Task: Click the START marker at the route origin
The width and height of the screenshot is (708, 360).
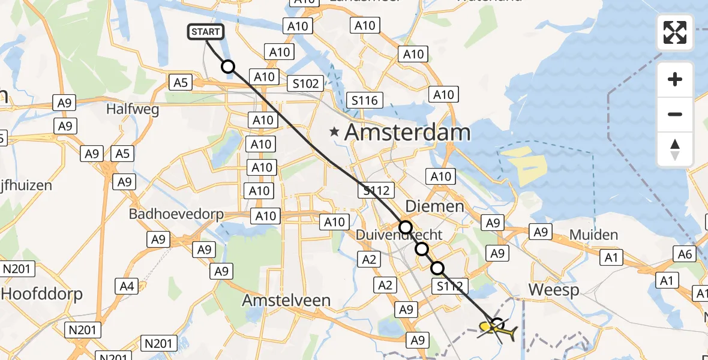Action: coord(206,32)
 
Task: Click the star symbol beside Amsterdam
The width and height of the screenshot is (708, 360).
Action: coord(334,131)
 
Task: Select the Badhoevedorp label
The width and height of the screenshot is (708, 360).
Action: coord(177,214)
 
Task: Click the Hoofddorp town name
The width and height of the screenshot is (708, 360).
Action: coord(42,294)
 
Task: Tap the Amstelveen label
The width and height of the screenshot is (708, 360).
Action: coord(286,300)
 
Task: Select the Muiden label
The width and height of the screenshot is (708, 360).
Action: coord(593,235)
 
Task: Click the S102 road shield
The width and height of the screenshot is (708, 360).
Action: coord(305,83)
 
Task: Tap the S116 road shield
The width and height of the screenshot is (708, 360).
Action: coord(364,100)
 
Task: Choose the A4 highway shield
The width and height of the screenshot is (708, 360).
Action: coord(127,286)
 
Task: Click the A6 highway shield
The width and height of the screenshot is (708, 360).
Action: coord(685,254)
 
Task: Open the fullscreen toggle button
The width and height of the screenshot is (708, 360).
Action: coord(675,32)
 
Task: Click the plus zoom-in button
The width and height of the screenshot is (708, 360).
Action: coord(675,79)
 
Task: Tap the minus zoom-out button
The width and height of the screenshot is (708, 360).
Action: coord(675,114)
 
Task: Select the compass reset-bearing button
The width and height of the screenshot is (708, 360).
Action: coord(675,149)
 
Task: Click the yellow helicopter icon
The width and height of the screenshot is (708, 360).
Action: coord(498,329)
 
